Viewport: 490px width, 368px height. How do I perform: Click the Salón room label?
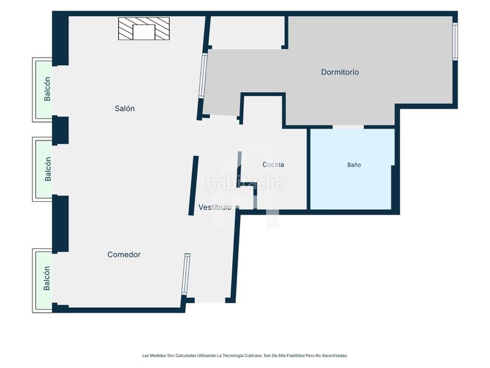click(125, 109)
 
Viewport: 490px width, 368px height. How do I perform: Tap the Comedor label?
click(124, 255)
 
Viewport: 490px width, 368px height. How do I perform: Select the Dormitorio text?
click(340, 72)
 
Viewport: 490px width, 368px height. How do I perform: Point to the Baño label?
click(354, 165)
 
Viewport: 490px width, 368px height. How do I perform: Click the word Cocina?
click(273, 164)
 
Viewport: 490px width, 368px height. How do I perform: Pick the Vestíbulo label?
click(215, 207)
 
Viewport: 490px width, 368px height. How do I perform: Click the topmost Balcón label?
click(47, 89)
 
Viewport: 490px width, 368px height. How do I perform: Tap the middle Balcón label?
click(48, 169)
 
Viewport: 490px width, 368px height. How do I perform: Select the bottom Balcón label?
click(47, 278)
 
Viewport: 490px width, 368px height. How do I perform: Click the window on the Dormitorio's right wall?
click(455, 41)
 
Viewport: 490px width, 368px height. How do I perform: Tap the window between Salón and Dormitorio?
click(203, 75)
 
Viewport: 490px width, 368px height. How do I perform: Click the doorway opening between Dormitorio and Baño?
click(348, 127)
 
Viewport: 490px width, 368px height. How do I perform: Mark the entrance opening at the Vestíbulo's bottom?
click(210, 300)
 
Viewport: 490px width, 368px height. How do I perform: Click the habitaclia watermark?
click(244, 183)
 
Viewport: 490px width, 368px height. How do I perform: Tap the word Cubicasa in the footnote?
click(253, 356)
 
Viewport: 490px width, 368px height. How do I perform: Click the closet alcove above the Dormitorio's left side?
click(247, 31)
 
